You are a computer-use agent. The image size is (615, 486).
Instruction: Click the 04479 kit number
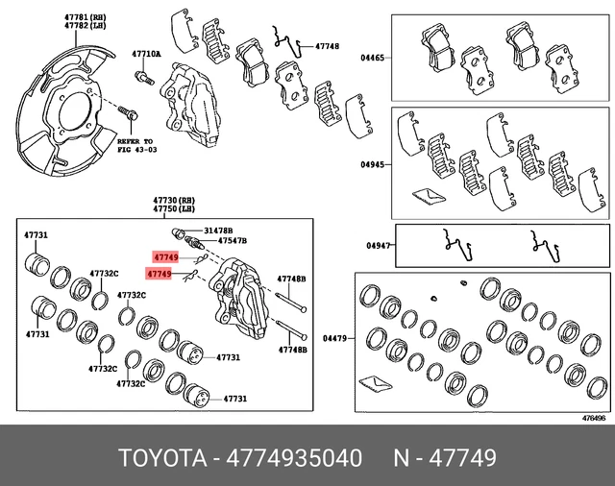(x=335, y=337)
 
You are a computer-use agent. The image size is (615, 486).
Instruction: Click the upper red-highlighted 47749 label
(x=165, y=258)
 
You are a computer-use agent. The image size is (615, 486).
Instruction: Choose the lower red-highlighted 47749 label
(x=160, y=275)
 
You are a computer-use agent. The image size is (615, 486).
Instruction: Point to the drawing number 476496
(x=593, y=417)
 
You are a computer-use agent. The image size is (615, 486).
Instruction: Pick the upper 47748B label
(x=290, y=279)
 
